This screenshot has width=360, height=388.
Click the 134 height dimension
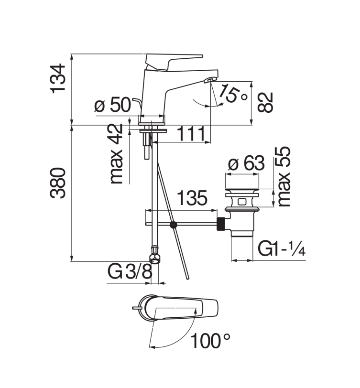click(x=58, y=79)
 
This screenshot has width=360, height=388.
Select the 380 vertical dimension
click(x=58, y=183)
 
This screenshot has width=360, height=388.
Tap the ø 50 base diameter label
click(x=112, y=105)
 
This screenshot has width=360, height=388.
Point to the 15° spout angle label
click(x=233, y=93)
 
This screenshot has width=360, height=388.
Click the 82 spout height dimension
click(x=265, y=102)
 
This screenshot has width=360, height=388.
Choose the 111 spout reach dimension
click(x=192, y=134)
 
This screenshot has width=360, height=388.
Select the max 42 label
click(x=116, y=154)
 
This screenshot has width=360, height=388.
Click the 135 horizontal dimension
click(x=192, y=198)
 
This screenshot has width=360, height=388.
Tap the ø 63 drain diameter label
click(x=246, y=163)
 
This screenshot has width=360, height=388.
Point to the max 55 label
click(x=284, y=176)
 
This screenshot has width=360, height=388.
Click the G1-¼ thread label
click(x=282, y=248)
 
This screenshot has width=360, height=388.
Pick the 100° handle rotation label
click(x=210, y=341)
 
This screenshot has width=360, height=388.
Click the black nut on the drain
click(x=221, y=224)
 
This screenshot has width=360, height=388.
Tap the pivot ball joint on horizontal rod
click(x=174, y=225)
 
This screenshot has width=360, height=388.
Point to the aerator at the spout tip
click(x=210, y=80)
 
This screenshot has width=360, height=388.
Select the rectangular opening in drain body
click(x=242, y=202)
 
